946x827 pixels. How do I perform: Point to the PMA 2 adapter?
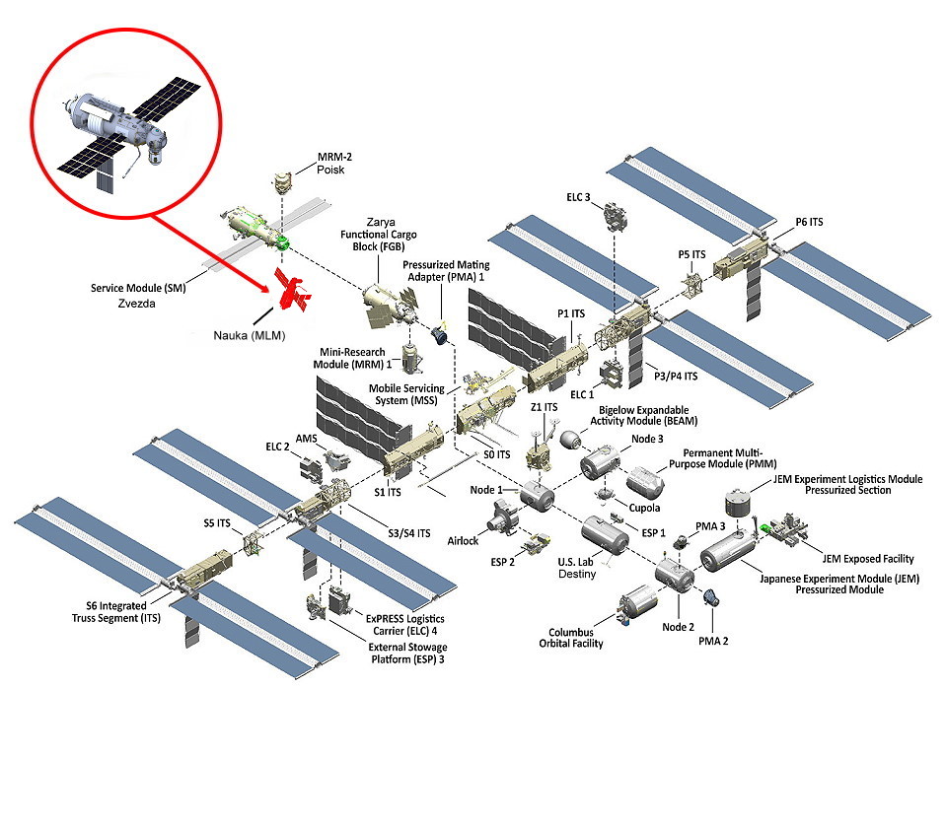point(709,597)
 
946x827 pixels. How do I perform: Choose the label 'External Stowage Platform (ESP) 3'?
point(404,652)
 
